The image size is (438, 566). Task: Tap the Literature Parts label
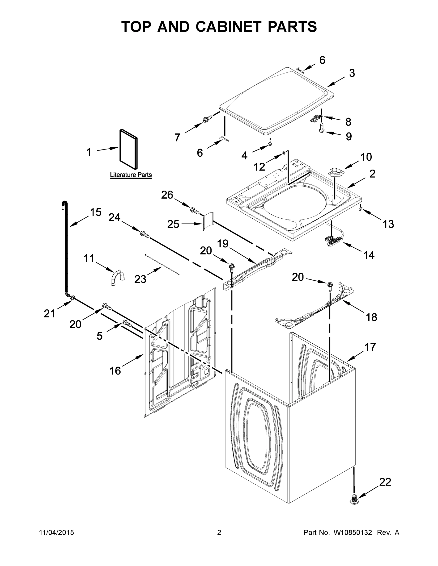pos(131,175)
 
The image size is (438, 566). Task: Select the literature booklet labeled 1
pos(128,149)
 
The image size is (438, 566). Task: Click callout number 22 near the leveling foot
pos(385,482)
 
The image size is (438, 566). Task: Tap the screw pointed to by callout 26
pos(194,210)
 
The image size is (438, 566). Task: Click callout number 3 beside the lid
pos(352,73)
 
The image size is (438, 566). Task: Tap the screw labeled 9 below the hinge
pos(322,128)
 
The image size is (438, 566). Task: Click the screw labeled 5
pos(127,323)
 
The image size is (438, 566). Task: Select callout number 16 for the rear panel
pos(115,370)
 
